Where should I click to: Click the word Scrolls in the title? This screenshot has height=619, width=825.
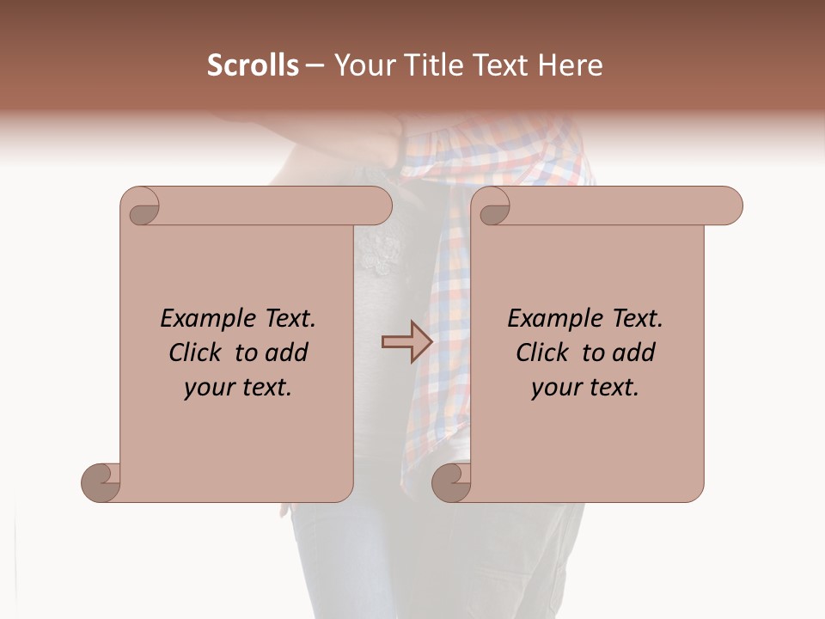coord(253,65)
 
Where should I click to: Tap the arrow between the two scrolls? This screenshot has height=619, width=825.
coord(406,342)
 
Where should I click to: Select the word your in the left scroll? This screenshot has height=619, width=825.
coord(207,388)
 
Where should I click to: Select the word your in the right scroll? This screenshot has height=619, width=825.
coord(554,388)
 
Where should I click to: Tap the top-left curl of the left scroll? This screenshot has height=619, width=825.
coord(144,209)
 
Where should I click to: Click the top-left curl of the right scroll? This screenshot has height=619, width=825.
coord(494,209)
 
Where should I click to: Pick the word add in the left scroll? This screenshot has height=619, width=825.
coord(288,353)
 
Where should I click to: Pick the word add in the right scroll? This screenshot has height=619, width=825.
coord(635,353)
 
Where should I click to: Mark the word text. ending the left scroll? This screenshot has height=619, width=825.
coord(264,388)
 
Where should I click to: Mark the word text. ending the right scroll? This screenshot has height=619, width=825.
coord(611,388)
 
